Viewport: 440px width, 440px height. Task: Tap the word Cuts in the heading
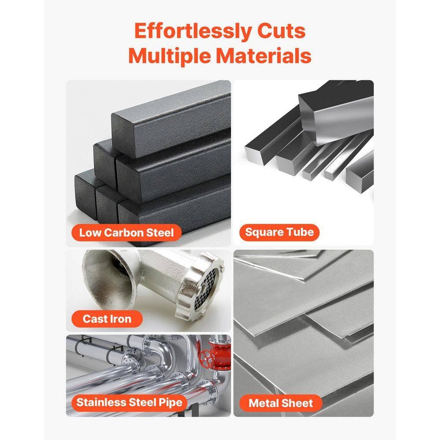point(282,31)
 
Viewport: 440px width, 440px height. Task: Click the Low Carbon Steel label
point(126,233)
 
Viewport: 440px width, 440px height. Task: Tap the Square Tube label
point(279,232)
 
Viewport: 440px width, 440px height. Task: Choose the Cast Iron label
point(107,319)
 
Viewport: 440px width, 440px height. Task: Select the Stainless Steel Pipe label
point(129,403)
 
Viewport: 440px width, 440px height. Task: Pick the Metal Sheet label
point(281,403)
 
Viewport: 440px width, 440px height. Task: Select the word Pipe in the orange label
point(171,403)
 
